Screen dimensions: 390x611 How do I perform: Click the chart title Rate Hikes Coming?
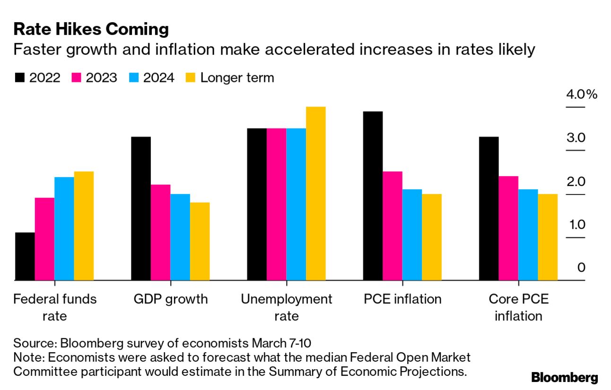91,30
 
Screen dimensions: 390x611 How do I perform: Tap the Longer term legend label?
237,78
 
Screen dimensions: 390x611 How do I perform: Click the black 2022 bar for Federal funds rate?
25,256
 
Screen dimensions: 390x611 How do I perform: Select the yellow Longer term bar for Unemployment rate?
316,194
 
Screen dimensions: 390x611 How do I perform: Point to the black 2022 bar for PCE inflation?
373,196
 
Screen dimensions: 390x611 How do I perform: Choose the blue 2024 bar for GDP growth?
180,237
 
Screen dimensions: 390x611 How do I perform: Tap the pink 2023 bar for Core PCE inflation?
508,228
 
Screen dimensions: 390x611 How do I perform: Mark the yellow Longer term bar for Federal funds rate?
84,226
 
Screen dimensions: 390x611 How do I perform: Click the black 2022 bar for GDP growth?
140,209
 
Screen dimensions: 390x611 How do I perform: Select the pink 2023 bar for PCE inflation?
393,226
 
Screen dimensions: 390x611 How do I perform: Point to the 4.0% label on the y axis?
582,95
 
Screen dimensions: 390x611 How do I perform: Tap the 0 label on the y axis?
581,268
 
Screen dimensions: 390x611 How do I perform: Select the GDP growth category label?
170,299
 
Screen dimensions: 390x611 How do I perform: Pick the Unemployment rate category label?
287,307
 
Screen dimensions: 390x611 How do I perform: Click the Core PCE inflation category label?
518,307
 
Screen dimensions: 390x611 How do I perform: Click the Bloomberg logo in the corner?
564,377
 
